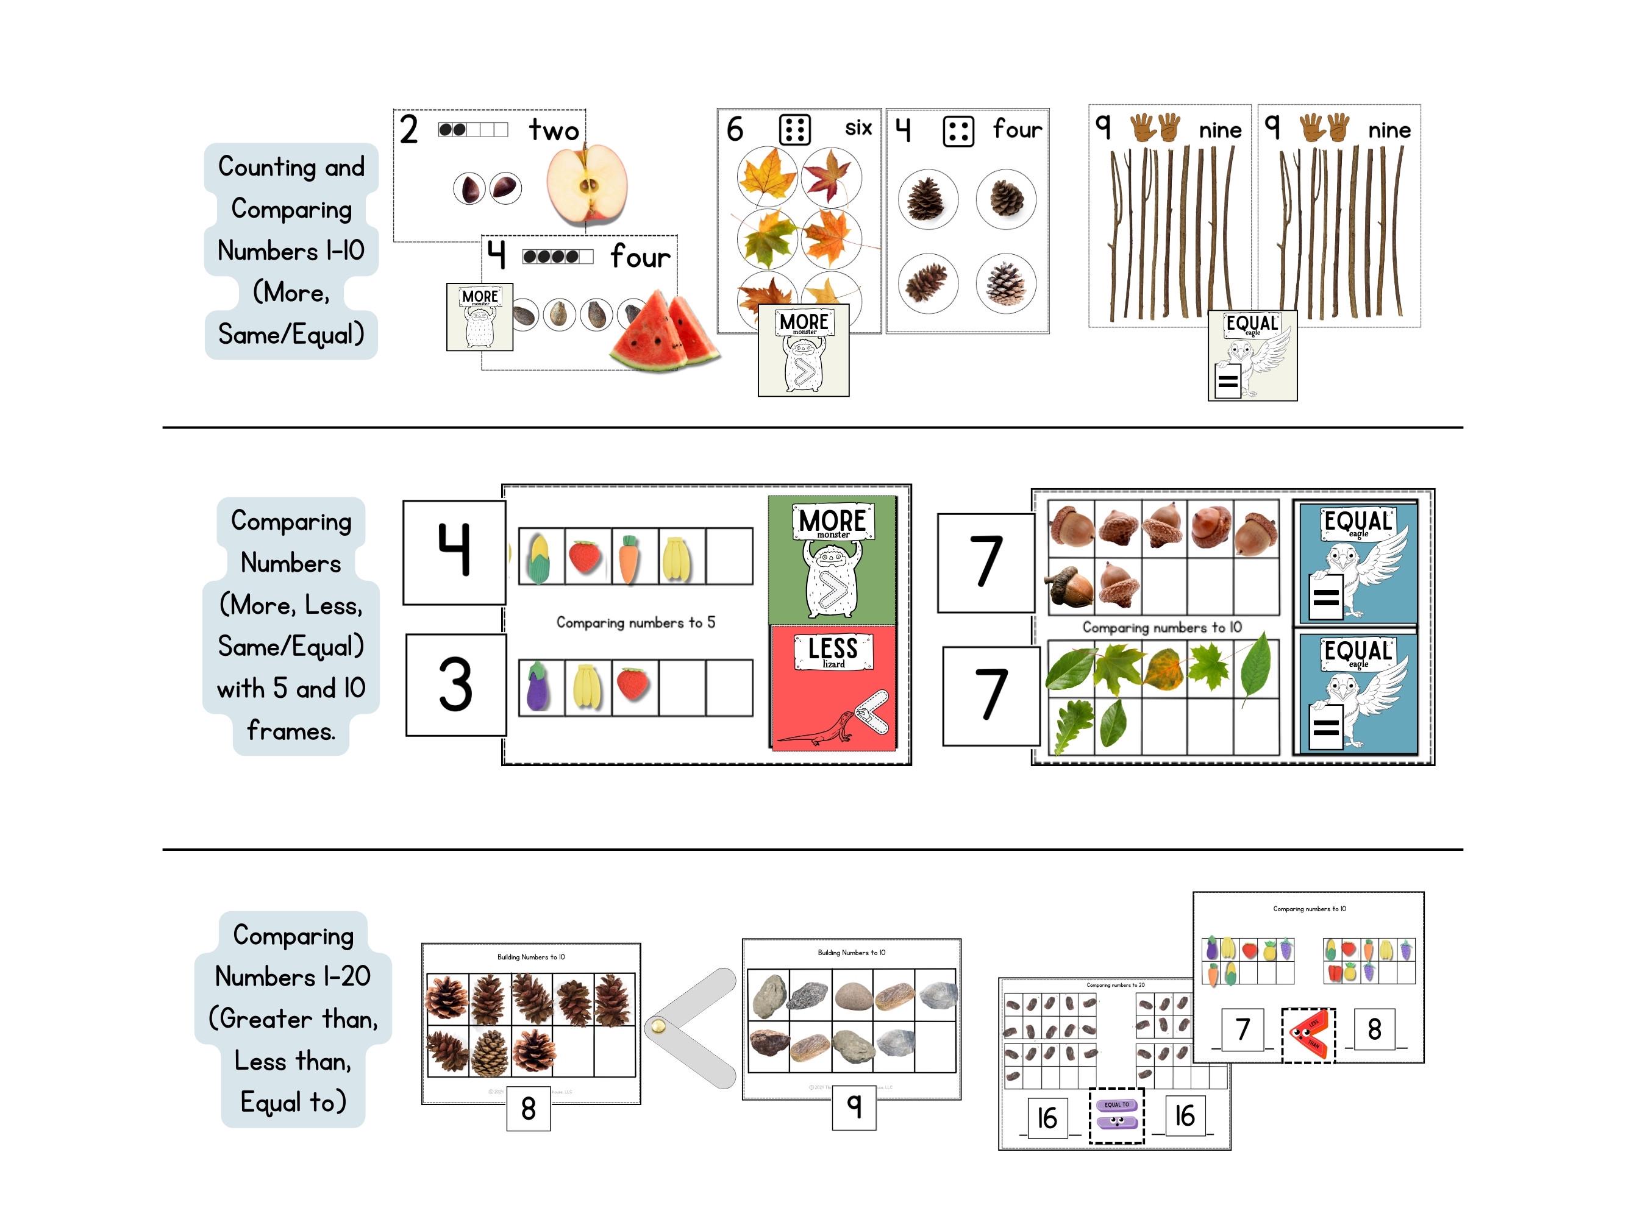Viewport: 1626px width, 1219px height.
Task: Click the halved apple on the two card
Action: tap(587, 185)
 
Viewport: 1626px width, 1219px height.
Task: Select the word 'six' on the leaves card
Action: tap(858, 128)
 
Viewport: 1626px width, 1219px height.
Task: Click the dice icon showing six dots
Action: tap(794, 130)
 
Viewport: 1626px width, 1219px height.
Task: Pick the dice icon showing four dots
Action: tap(958, 132)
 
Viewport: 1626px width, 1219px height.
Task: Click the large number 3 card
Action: tap(456, 685)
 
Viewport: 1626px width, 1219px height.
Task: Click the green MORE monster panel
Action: tap(832, 561)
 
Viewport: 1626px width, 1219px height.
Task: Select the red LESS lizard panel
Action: tap(833, 687)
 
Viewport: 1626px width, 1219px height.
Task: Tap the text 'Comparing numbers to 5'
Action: tap(635, 622)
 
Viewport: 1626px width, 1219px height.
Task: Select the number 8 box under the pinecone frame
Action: tap(528, 1108)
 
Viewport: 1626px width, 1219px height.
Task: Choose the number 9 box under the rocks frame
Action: tap(854, 1106)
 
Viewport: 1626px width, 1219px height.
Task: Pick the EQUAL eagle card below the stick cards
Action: tap(1252, 355)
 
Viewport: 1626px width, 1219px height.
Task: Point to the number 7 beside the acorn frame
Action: tap(985, 562)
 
